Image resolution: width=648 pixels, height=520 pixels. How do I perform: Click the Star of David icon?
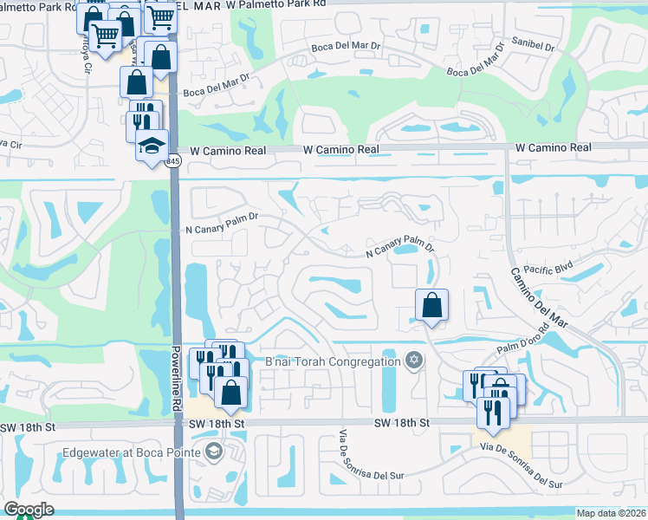tap(414, 360)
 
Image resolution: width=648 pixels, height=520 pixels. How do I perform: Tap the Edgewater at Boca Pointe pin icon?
tap(213, 452)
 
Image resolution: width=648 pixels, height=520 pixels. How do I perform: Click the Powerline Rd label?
tap(176, 380)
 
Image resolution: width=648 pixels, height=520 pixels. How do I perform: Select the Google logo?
tap(29, 510)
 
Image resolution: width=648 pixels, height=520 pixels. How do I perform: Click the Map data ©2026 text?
tap(611, 513)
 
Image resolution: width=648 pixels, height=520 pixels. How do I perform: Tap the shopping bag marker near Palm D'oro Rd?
tap(431, 305)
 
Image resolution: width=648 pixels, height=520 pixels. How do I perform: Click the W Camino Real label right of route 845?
tap(341, 149)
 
